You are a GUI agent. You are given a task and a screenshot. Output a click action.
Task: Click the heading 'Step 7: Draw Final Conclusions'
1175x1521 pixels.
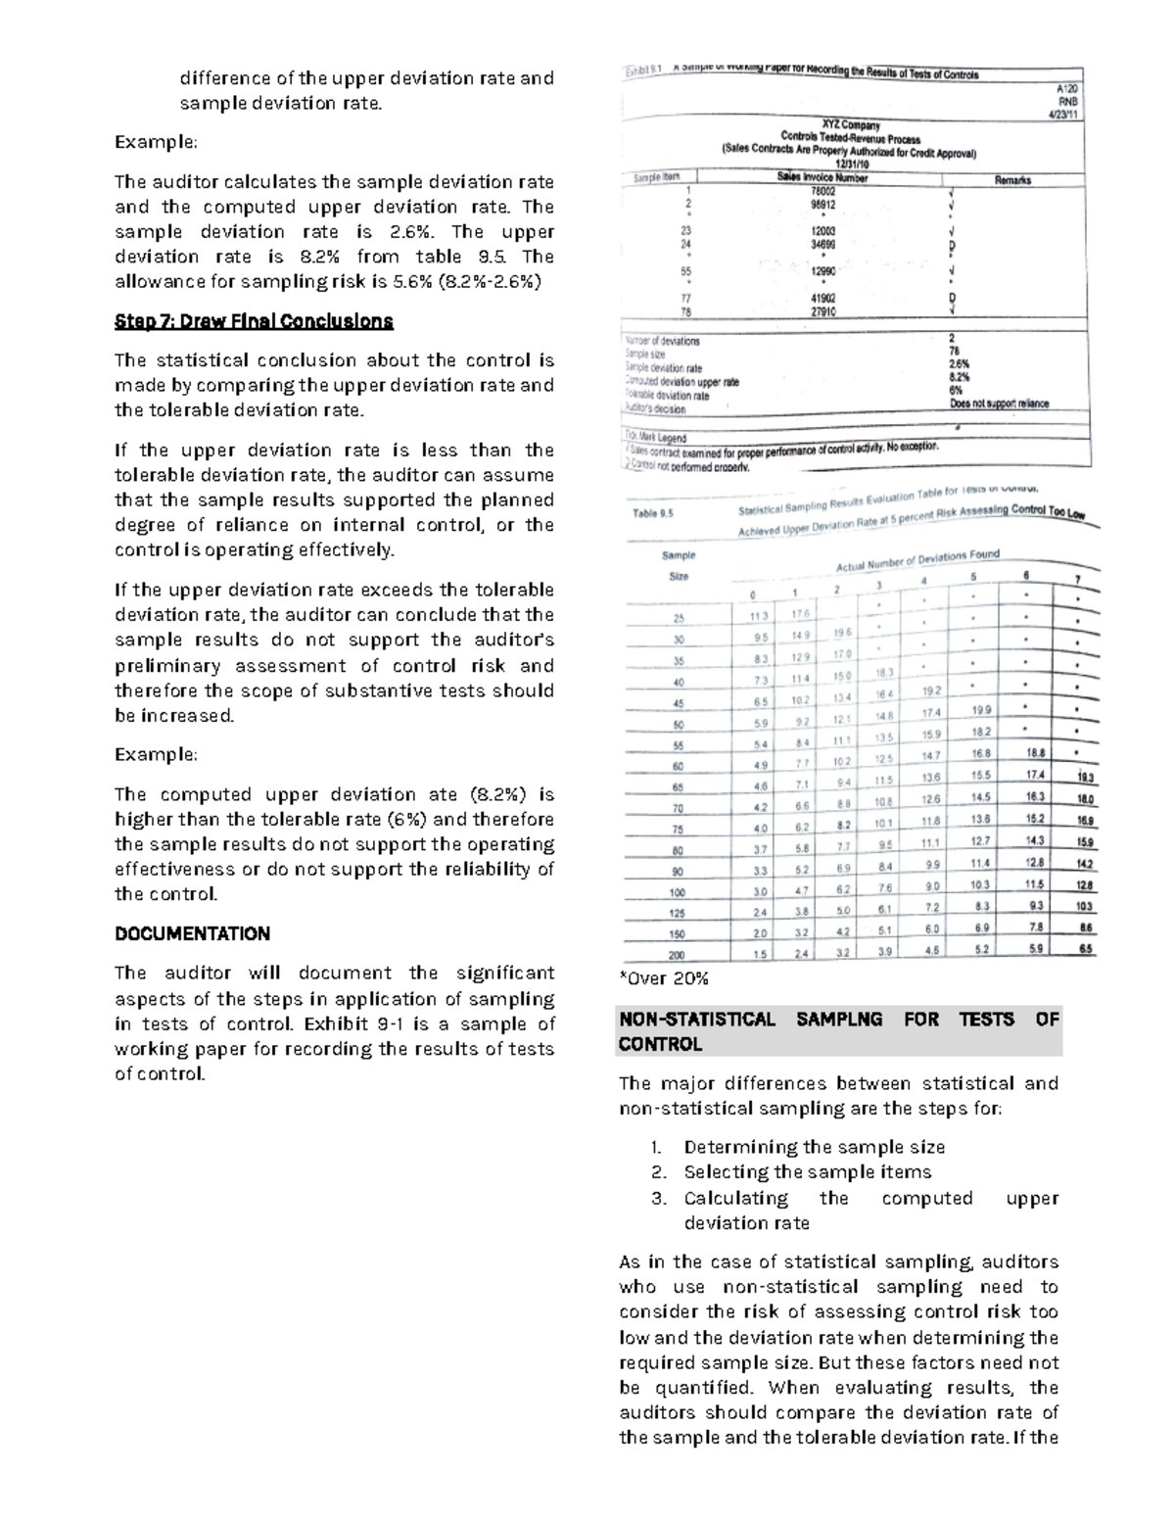254,321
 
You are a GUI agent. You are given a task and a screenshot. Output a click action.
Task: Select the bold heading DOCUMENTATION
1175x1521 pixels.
192,933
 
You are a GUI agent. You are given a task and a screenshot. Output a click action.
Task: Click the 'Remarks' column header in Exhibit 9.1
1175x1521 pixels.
1011,180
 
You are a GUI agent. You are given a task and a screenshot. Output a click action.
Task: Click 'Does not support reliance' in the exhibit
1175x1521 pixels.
999,404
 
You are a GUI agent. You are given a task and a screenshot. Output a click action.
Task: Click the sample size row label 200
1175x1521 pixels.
678,955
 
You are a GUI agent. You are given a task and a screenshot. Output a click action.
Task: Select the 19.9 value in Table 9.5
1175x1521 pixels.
981,710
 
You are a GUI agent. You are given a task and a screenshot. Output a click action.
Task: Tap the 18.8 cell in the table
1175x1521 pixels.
1035,752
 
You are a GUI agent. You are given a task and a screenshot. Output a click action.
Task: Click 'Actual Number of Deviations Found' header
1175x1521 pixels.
917,560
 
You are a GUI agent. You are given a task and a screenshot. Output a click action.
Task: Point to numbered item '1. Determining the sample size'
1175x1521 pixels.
799,1147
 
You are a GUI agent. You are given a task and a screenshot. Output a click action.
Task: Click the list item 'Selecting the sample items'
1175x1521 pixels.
807,1172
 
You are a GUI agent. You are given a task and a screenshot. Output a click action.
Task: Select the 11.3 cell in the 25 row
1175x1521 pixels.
758,616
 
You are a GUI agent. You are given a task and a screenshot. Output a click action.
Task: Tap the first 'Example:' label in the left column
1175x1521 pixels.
156,142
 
